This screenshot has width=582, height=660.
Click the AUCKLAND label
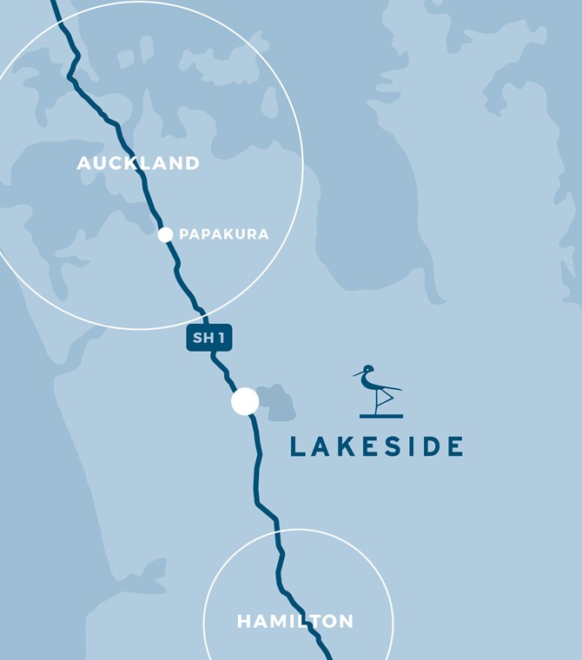click(x=138, y=163)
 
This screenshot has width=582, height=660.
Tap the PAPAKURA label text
click(x=224, y=234)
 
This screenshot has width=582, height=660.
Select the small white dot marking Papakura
click(x=165, y=234)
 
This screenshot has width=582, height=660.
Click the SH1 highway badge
click(x=209, y=338)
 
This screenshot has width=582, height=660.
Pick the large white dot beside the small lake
click(x=245, y=401)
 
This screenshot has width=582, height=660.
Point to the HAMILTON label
click(x=295, y=622)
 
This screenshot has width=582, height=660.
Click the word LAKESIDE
click(x=376, y=447)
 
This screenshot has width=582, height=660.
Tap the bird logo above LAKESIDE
click(x=380, y=392)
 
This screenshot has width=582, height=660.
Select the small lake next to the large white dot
click(x=275, y=402)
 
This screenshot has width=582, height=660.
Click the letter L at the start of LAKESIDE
click(x=297, y=447)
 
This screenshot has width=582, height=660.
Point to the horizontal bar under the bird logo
click(x=381, y=416)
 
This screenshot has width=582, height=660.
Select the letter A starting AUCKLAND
click(x=83, y=163)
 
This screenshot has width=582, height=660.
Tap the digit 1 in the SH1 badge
click(x=222, y=338)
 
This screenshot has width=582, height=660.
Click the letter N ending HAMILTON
click(x=347, y=622)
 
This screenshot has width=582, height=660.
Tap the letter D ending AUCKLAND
click(x=193, y=163)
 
